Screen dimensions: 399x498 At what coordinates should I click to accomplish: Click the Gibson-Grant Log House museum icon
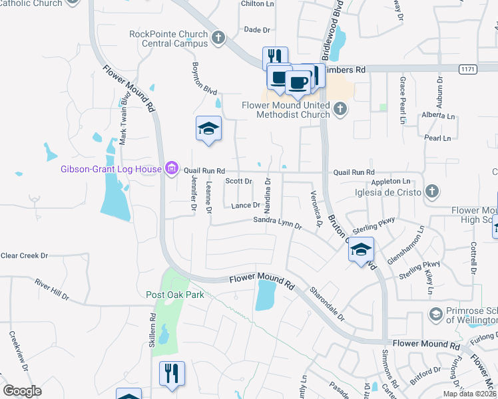click(172, 169)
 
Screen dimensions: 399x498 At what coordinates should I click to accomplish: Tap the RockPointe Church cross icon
click(219, 38)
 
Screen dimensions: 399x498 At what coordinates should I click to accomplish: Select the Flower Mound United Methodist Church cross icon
click(340, 108)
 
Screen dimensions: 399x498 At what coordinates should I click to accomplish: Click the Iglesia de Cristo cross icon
click(431, 192)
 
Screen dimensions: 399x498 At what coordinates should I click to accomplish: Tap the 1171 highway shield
click(468, 68)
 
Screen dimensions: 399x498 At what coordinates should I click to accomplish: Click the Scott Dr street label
click(238, 181)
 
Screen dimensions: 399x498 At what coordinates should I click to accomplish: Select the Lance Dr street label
click(245, 205)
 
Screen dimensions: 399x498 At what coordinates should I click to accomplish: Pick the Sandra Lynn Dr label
click(277, 222)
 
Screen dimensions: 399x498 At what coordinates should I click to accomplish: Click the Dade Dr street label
click(257, 30)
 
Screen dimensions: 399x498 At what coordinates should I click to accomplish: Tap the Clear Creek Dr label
click(25, 255)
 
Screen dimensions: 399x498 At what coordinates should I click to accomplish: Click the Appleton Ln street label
click(391, 181)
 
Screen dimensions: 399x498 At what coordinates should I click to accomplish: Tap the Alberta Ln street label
click(438, 115)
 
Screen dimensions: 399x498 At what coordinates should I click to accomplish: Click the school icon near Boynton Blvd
click(208, 129)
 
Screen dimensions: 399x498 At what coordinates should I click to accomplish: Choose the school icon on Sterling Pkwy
click(360, 249)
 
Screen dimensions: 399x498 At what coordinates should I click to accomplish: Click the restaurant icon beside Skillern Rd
click(172, 373)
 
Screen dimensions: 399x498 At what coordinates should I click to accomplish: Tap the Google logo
click(22, 391)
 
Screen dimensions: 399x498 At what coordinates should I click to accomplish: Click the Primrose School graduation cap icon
click(436, 313)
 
